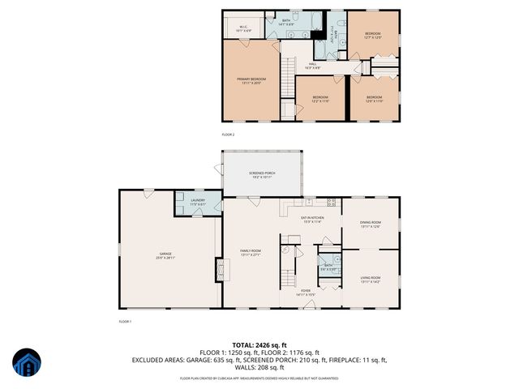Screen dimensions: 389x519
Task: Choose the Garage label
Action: [x=165, y=255]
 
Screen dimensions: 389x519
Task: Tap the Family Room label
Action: [x=250, y=253]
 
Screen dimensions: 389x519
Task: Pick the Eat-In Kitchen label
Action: [x=312, y=219]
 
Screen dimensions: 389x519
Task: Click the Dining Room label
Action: [x=370, y=224]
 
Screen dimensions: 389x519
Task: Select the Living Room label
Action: [x=370, y=280]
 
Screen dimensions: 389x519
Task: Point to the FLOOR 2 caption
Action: [x=228, y=135]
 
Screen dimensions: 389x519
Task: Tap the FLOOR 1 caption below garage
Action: [x=125, y=322]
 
